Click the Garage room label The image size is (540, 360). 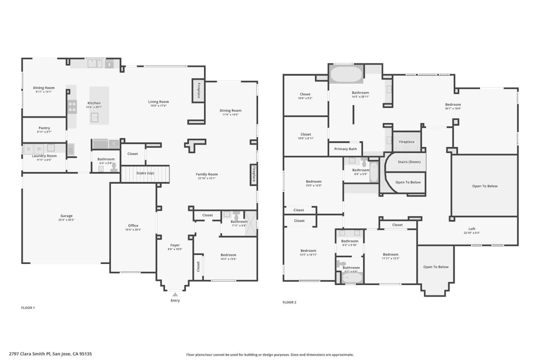pyautogui.click(x=66, y=216)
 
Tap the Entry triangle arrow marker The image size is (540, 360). pyautogui.click(x=175, y=294)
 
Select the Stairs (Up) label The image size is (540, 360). pyautogui.click(x=145, y=173)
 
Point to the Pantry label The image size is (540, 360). pyautogui.click(x=44, y=128)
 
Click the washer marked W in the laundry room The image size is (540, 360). pyautogui.click(x=39, y=149)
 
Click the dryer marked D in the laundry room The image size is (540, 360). pyautogui.click(x=28, y=149)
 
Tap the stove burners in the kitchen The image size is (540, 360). pyautogui.click(x=72, y=106)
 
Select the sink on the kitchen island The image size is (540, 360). pyautogui.click(x=94, y=118)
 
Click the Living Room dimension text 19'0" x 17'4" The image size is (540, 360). pyautogui.click(x=158, y=106)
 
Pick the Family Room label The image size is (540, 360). pyautogui.click(x=207, y=174)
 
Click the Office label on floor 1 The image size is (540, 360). pyautogui.click(x=133, y=226)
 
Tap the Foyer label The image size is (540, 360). pyautogui.click(x=175, y=245)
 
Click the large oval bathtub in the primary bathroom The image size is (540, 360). pyautogui.click(x=346, y=74)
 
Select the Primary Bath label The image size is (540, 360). pyautogui.click(x=345, y=149)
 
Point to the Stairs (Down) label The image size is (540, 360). pyautogui.click(x=409, y=162)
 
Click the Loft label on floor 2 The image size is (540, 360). pyautogui.click(x=472, y=229)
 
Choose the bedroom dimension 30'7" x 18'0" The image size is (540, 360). pyautogui.click(x=453, y=109)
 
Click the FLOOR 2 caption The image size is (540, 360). pyautogui.click(x=289, y=302)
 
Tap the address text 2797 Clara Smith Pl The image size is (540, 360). pyautogui.click(x=30, y=354)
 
